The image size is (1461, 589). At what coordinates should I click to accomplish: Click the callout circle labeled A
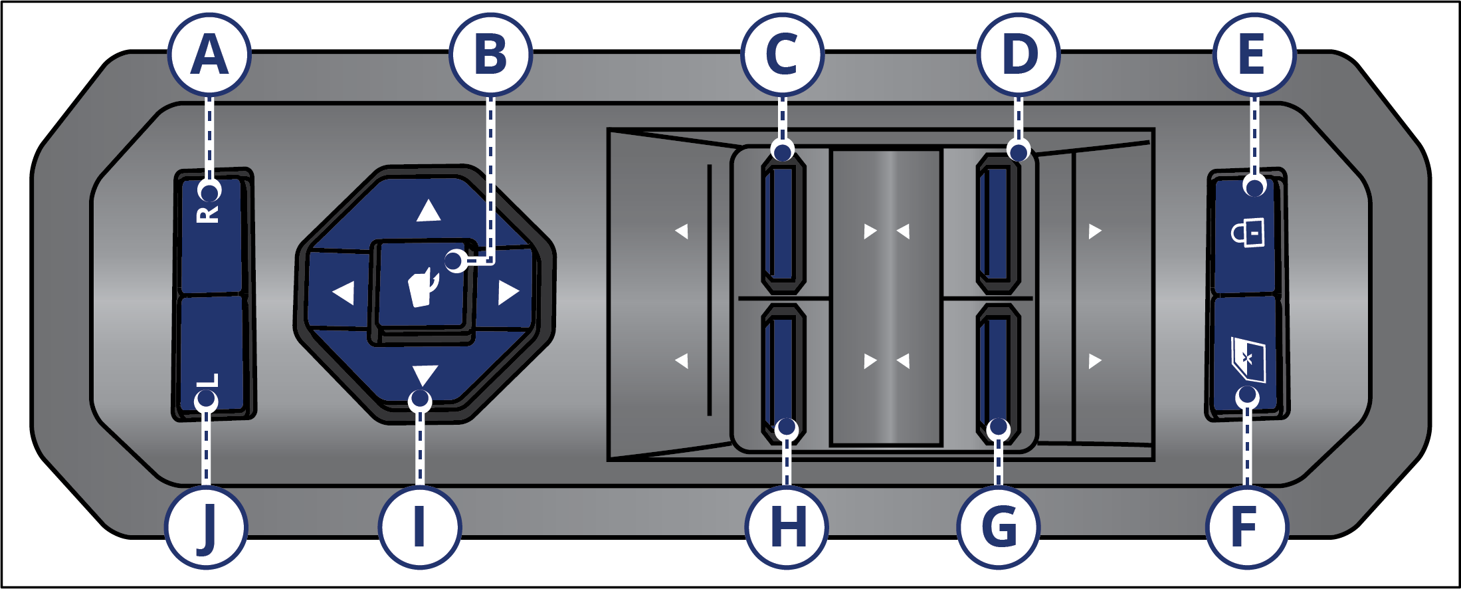point(209,55)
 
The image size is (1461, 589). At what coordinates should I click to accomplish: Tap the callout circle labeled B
point(490,55)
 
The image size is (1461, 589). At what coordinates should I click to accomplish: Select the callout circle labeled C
point(782,55)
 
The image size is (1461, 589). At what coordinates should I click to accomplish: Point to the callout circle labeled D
point(1019,55)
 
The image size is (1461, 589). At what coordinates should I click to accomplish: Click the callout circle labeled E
point(1254,55)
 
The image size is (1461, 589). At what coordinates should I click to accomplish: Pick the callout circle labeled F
point(1247,528)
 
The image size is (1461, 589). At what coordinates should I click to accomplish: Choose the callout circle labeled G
point(998,528)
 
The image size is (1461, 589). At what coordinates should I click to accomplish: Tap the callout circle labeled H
point(787,528)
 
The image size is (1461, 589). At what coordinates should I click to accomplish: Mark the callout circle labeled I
point(419,528)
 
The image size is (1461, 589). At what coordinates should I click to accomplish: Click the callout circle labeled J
point(206,528)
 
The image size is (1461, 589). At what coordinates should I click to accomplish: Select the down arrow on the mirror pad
point(425,375)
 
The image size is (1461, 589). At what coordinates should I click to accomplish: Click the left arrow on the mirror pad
point(343,293)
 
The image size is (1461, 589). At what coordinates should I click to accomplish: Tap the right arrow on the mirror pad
point(508,293)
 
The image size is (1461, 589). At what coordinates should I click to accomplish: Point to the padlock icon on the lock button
point(1248,233)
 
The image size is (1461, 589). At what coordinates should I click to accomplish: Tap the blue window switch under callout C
point(783,223)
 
